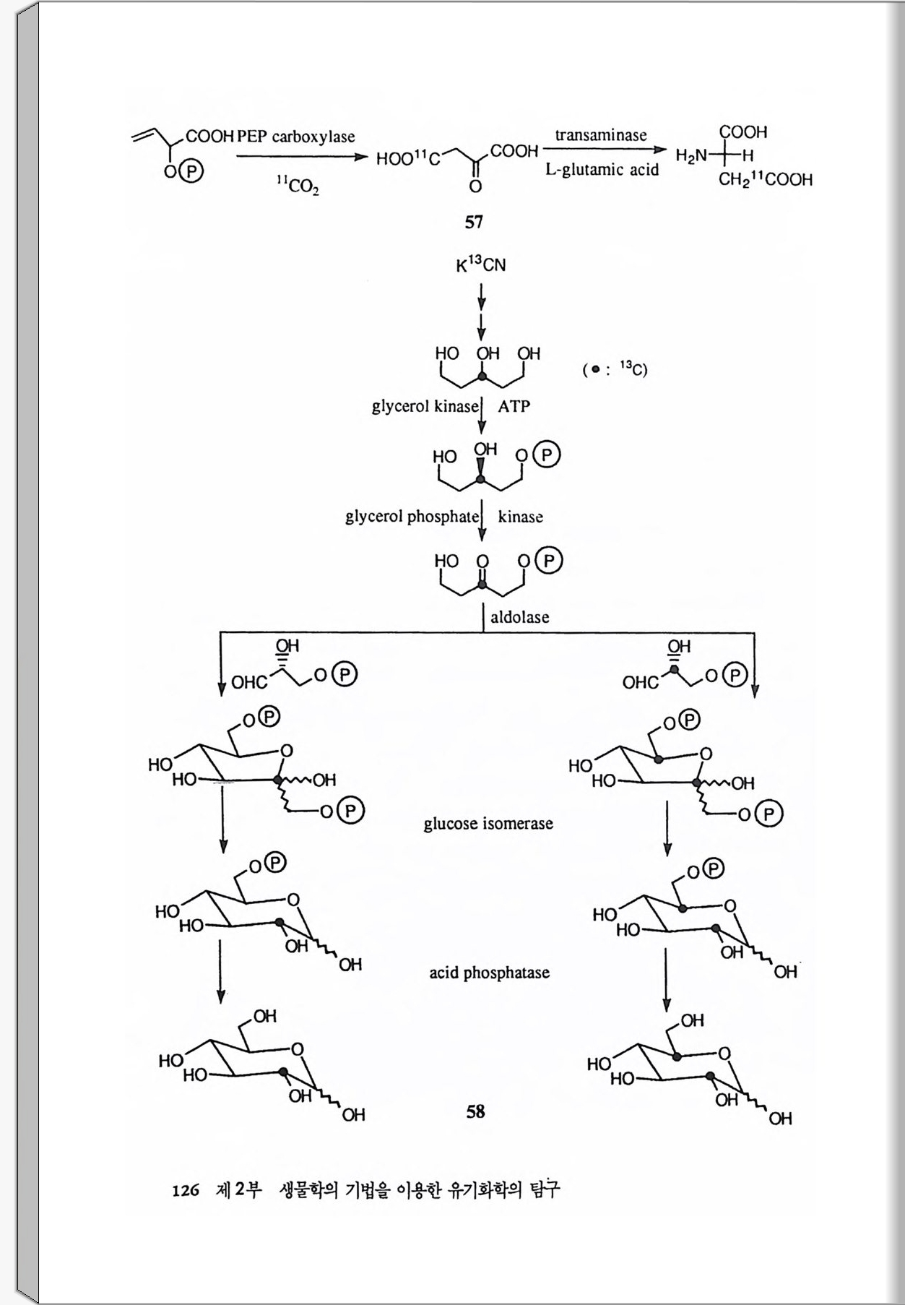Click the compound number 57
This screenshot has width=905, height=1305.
474,222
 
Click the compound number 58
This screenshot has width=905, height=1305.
475,1111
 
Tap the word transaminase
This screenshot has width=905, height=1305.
601,135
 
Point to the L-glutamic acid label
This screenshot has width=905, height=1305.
602,170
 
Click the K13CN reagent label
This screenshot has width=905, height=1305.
481,264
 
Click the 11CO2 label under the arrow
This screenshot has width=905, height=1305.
298,186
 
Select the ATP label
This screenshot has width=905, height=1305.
514,406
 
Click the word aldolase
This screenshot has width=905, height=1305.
519,617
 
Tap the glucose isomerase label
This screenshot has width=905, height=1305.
488,824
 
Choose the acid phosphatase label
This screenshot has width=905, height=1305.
489,973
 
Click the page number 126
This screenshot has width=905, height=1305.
186,1190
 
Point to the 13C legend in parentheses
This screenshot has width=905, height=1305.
615,369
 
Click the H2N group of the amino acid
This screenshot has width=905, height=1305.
691,155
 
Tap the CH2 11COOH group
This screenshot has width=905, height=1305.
765,180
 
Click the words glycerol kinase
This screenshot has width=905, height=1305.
425,406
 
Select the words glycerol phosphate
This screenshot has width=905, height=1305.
412,517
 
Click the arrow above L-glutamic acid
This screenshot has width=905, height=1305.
604,150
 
